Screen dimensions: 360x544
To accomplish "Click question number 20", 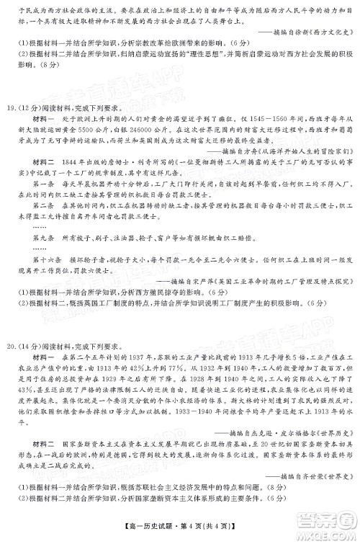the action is click(x=10, y=334).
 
